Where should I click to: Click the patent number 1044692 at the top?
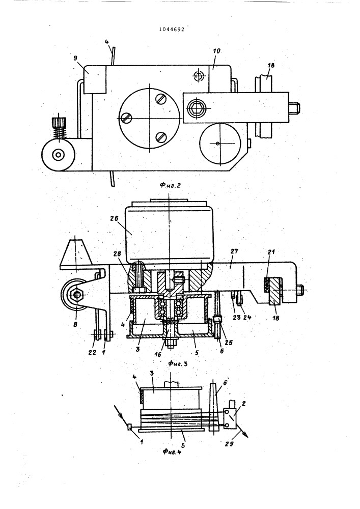[172, 29]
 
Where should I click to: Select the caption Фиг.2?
[170, 186]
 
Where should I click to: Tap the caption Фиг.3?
[178, 363]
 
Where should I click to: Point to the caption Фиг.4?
[172, 451]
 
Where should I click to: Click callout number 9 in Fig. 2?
[75, 59]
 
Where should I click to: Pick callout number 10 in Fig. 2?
[216, 51]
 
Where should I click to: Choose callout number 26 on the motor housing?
[115, 218]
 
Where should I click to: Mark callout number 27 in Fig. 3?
[234, 251]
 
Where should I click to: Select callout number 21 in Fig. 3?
[271, 252]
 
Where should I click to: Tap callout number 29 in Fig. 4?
[229, 444]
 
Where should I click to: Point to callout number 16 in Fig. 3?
[158, 354]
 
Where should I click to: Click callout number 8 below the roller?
[75, 324]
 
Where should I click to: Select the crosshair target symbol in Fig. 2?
[198, 76]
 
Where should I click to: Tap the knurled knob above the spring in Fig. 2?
[59, 123]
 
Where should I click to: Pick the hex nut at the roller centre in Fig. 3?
[77, 295]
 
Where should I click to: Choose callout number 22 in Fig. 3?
[92, 352]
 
